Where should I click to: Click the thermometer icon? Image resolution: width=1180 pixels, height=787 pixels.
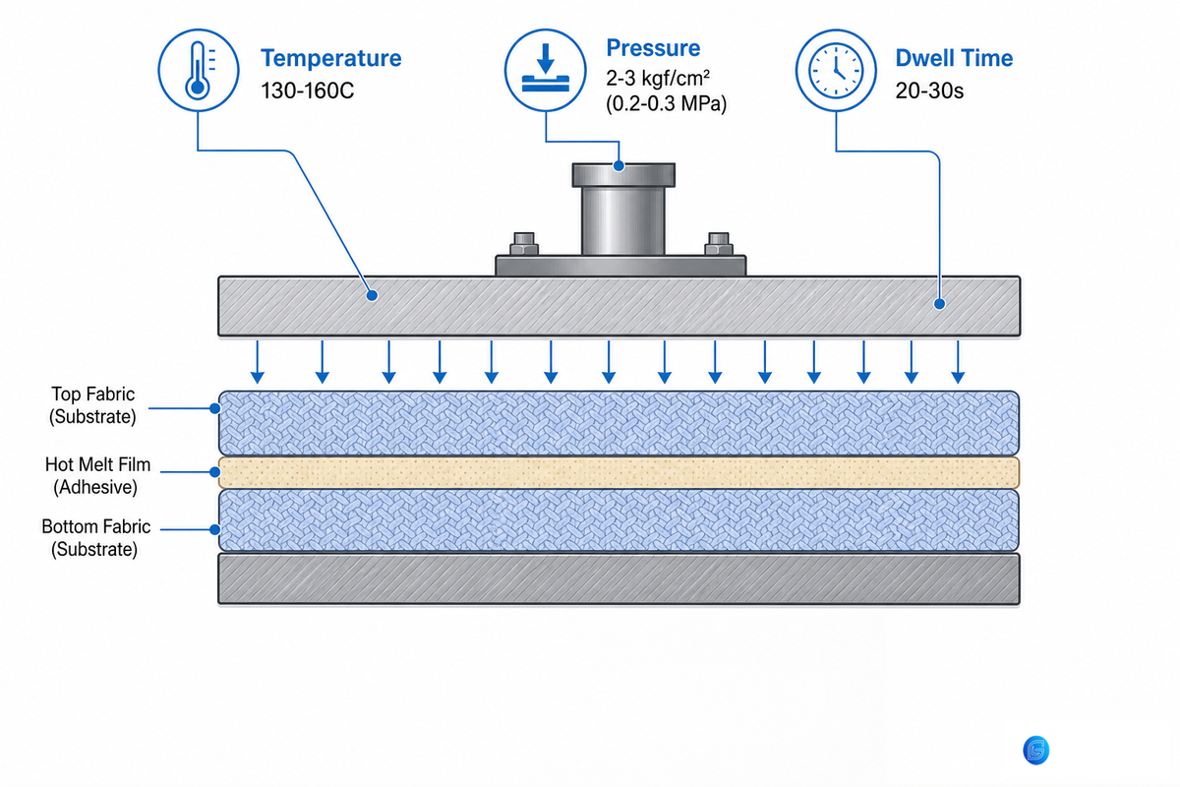[198, 70]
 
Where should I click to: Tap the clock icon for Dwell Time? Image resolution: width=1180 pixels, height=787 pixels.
[836, 70]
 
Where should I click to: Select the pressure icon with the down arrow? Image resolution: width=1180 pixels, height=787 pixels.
[545, 70]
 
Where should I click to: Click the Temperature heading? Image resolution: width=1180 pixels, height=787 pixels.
[330, 58]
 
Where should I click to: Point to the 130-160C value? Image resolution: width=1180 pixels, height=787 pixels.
[308, 91]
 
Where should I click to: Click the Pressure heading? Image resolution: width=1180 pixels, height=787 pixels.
[653, 48]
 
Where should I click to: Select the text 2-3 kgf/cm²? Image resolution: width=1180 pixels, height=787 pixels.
[658, 78]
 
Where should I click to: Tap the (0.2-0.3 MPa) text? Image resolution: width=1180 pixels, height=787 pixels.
[667, 103]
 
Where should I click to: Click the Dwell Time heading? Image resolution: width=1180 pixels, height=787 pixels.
[954, 58]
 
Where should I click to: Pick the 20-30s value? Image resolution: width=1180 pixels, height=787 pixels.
[929, 91]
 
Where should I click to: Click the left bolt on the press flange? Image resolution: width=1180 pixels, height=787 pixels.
[523, 244]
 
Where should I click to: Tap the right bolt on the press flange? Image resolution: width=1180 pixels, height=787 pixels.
[719, 244]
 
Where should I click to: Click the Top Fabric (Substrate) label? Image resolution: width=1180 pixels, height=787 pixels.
[92, 405]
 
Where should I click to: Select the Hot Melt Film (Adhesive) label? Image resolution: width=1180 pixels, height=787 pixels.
[97, 475]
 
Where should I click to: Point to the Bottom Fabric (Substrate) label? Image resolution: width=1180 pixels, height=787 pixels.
[96, 538]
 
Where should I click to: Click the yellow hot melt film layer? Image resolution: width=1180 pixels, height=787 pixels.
[619, 472]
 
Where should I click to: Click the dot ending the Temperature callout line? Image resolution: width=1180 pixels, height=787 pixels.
[372, 295]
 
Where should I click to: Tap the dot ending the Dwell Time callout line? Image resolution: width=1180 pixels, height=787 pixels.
[939, 304]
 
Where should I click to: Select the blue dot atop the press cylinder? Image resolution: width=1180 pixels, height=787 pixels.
[619, 166]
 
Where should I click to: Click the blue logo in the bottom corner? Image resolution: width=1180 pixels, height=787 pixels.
[1035, 750]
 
